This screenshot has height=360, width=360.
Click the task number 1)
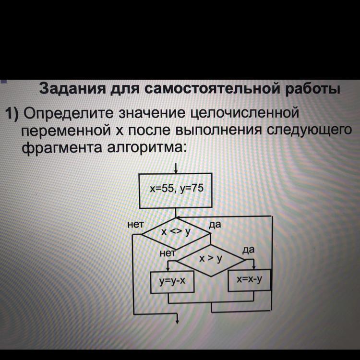point(12,113)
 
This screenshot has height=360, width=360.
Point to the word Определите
point(69,114)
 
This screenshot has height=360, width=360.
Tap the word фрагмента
point(62,148)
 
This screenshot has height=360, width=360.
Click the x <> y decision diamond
point(176,234)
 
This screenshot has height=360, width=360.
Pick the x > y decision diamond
point(211,261)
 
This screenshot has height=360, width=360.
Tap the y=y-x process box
point(172,282)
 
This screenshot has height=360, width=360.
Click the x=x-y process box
point(249,280)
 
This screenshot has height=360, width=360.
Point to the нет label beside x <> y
point(136,225)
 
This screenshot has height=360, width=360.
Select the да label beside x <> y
point(215,225)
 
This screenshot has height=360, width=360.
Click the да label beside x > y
point(249,250)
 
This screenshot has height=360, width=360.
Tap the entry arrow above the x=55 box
point(176,168)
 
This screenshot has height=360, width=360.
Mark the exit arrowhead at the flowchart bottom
point(177,321)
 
